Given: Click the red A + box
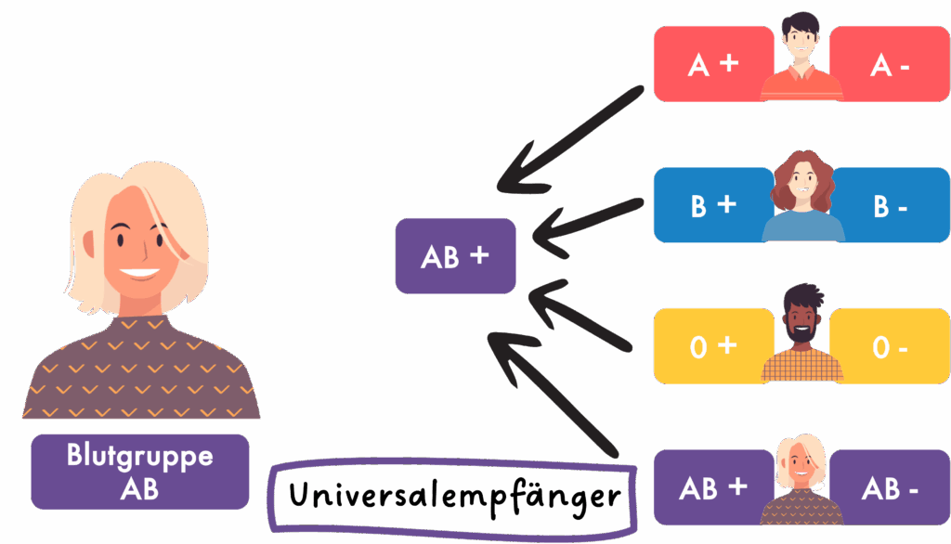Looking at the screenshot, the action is (710, 64).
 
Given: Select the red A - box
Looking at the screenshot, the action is (892, 64).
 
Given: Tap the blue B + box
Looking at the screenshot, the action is (710, 205).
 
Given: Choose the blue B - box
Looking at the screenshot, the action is (892, 205).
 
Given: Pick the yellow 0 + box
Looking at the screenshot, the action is (710, 346).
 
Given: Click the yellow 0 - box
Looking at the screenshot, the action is (892, 346).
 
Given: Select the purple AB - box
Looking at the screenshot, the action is (892, 487).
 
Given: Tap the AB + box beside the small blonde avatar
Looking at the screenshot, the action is (710, 487).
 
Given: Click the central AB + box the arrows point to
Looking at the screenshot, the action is (455, 256).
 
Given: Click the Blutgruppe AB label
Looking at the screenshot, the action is (140, 472).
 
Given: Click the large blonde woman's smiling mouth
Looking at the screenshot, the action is (139, 274).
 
